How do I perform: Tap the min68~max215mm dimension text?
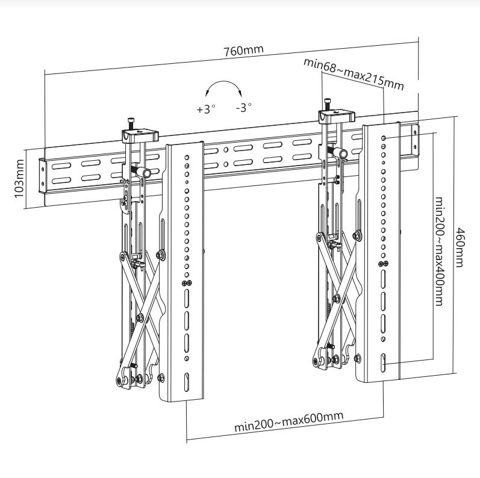point(353,73)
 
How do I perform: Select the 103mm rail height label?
point(19,179)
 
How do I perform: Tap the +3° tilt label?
point(205,109)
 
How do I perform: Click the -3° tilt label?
point(243,108)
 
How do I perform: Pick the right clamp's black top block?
point(337,115)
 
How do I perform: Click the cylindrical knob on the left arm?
point(144,173)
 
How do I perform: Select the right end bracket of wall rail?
point(414,138)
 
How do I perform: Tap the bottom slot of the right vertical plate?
point(383,365)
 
